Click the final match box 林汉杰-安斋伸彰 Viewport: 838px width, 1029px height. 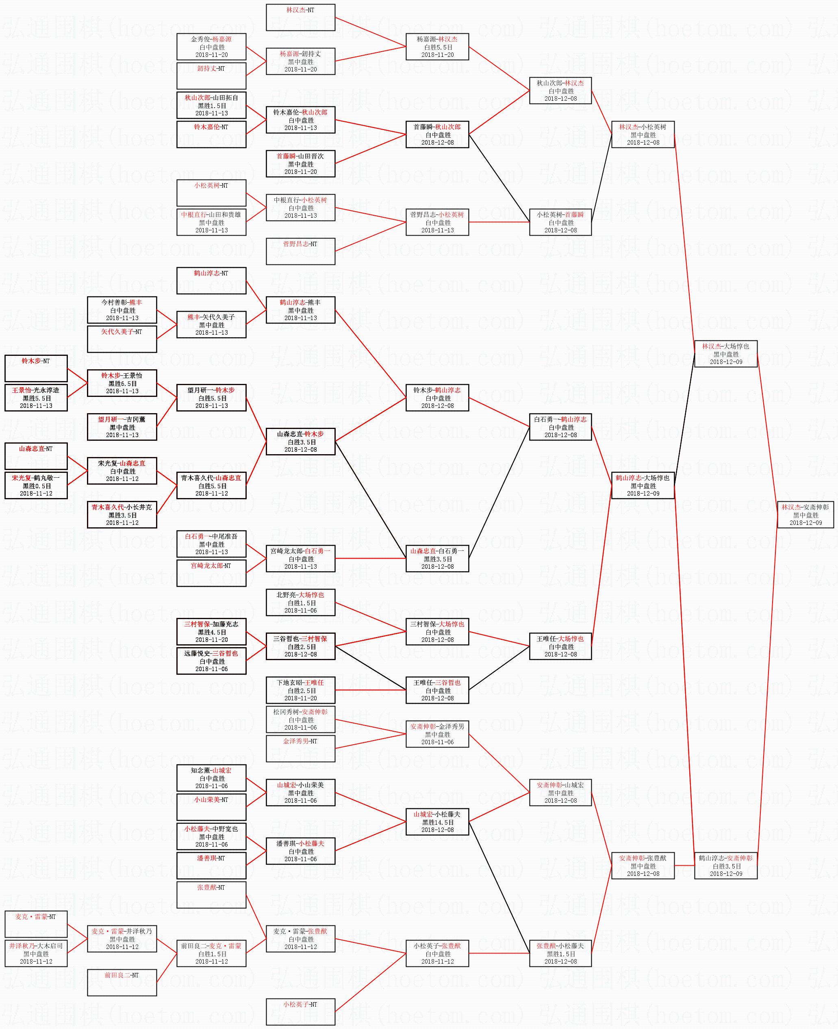805,515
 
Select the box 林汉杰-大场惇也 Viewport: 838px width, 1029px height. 725,353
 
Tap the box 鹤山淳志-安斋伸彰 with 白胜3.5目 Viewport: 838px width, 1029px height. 725,865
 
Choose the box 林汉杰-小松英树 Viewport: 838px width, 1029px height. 643,134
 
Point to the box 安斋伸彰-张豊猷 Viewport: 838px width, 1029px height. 643,865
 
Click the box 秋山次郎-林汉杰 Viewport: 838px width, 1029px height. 560,90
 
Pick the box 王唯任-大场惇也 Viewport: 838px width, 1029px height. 560,646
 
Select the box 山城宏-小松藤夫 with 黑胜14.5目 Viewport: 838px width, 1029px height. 437,821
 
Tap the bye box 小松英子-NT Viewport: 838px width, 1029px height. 300,1012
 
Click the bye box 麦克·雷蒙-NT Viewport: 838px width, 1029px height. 36,924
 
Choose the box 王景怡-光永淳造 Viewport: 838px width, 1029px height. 36,398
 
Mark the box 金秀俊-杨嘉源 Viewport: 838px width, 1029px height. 211,46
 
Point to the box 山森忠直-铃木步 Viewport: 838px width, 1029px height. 300,442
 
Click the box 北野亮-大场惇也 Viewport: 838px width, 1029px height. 300,602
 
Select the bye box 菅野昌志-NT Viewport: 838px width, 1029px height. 300,251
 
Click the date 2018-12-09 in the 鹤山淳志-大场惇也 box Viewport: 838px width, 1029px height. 643,494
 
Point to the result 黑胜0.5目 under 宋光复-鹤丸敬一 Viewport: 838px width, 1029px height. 36,486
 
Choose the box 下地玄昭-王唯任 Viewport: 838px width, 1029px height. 300,690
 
